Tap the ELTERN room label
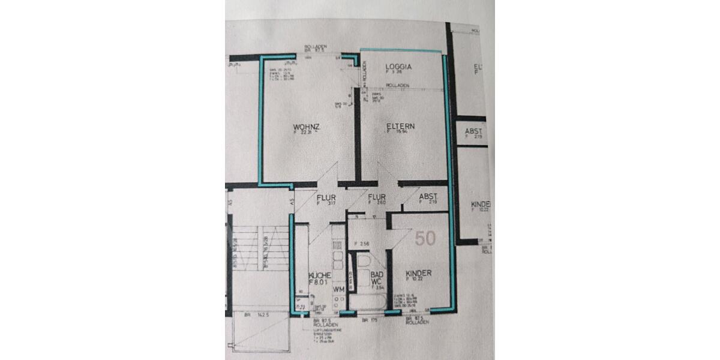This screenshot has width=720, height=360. pyautogui.click(x=400, y=127)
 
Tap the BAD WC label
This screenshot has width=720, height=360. pyautogui.click(x=377, y=277)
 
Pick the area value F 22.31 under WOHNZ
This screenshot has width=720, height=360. pyautogui.click(x=302, y=134)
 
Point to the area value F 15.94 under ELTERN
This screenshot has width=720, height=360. pyautogui.click(x=398, y=134)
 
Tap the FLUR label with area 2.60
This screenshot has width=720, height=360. pyautogui.click(x=376, y=197)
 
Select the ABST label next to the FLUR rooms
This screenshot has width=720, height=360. pyautogui.click(x=427, y=196)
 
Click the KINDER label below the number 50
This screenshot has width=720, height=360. pyautogui.click(x=418, y=272)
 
